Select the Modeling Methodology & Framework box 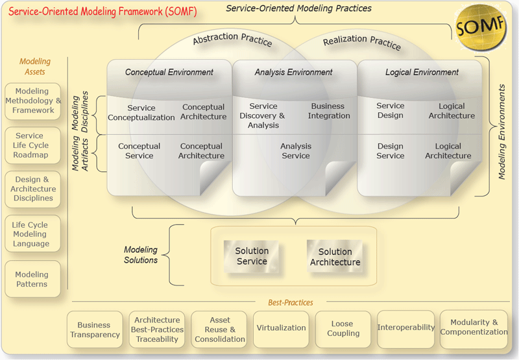pyautogui.click(x=32, y=101)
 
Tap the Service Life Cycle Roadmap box pyautogui.click(x=32, y=146)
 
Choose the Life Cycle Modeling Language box pyautogui.click(x=32, y=234)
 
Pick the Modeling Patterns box pyautogui.click(x=32, y=280)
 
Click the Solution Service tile pyautogui.click(x=251, y=256)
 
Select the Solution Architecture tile pyautogui.click(x=335, y=257)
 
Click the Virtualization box pyautogui.click(x=281, y=328)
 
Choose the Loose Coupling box pyautogui.click(x=343, y=329)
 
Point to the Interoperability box pyautogui.click(x=406, y=328)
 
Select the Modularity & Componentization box pyautogui.click(x=474, y=328)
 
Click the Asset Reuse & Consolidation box pyautogui.click(x=219, y=330)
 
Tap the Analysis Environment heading pyautogui.click(x=293, y=73)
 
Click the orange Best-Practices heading pyautogui.click(x=290, y=303)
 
